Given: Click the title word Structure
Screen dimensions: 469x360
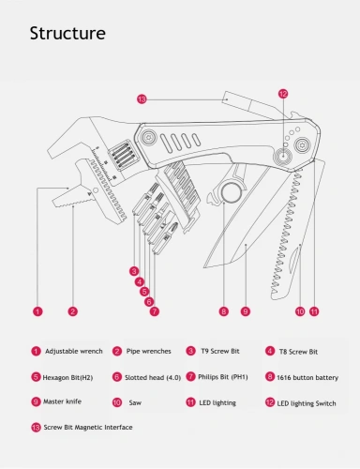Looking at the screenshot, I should [x=67, y=34].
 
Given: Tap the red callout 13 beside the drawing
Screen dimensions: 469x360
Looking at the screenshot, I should [x=142, y=98].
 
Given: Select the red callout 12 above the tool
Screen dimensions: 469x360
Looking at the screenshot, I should [x=282, y=94].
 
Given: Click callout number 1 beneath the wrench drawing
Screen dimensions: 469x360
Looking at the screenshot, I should [x=37, y=310].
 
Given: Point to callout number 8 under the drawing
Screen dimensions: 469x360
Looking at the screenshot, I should [x=223, y=310].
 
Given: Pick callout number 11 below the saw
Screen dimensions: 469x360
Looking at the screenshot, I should [x=314, y=310].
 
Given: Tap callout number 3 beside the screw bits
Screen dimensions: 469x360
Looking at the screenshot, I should [x=135, y=270].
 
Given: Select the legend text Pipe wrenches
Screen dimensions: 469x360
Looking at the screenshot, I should [x=148, y=351].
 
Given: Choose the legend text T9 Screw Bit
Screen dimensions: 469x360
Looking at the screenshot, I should [x=222, y=351].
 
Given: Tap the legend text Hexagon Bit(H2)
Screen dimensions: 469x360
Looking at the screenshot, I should [x=67, y=377].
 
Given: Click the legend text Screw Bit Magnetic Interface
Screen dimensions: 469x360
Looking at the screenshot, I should [x=88, y=427].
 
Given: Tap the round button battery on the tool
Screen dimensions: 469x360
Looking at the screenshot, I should [x=229, y=195].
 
